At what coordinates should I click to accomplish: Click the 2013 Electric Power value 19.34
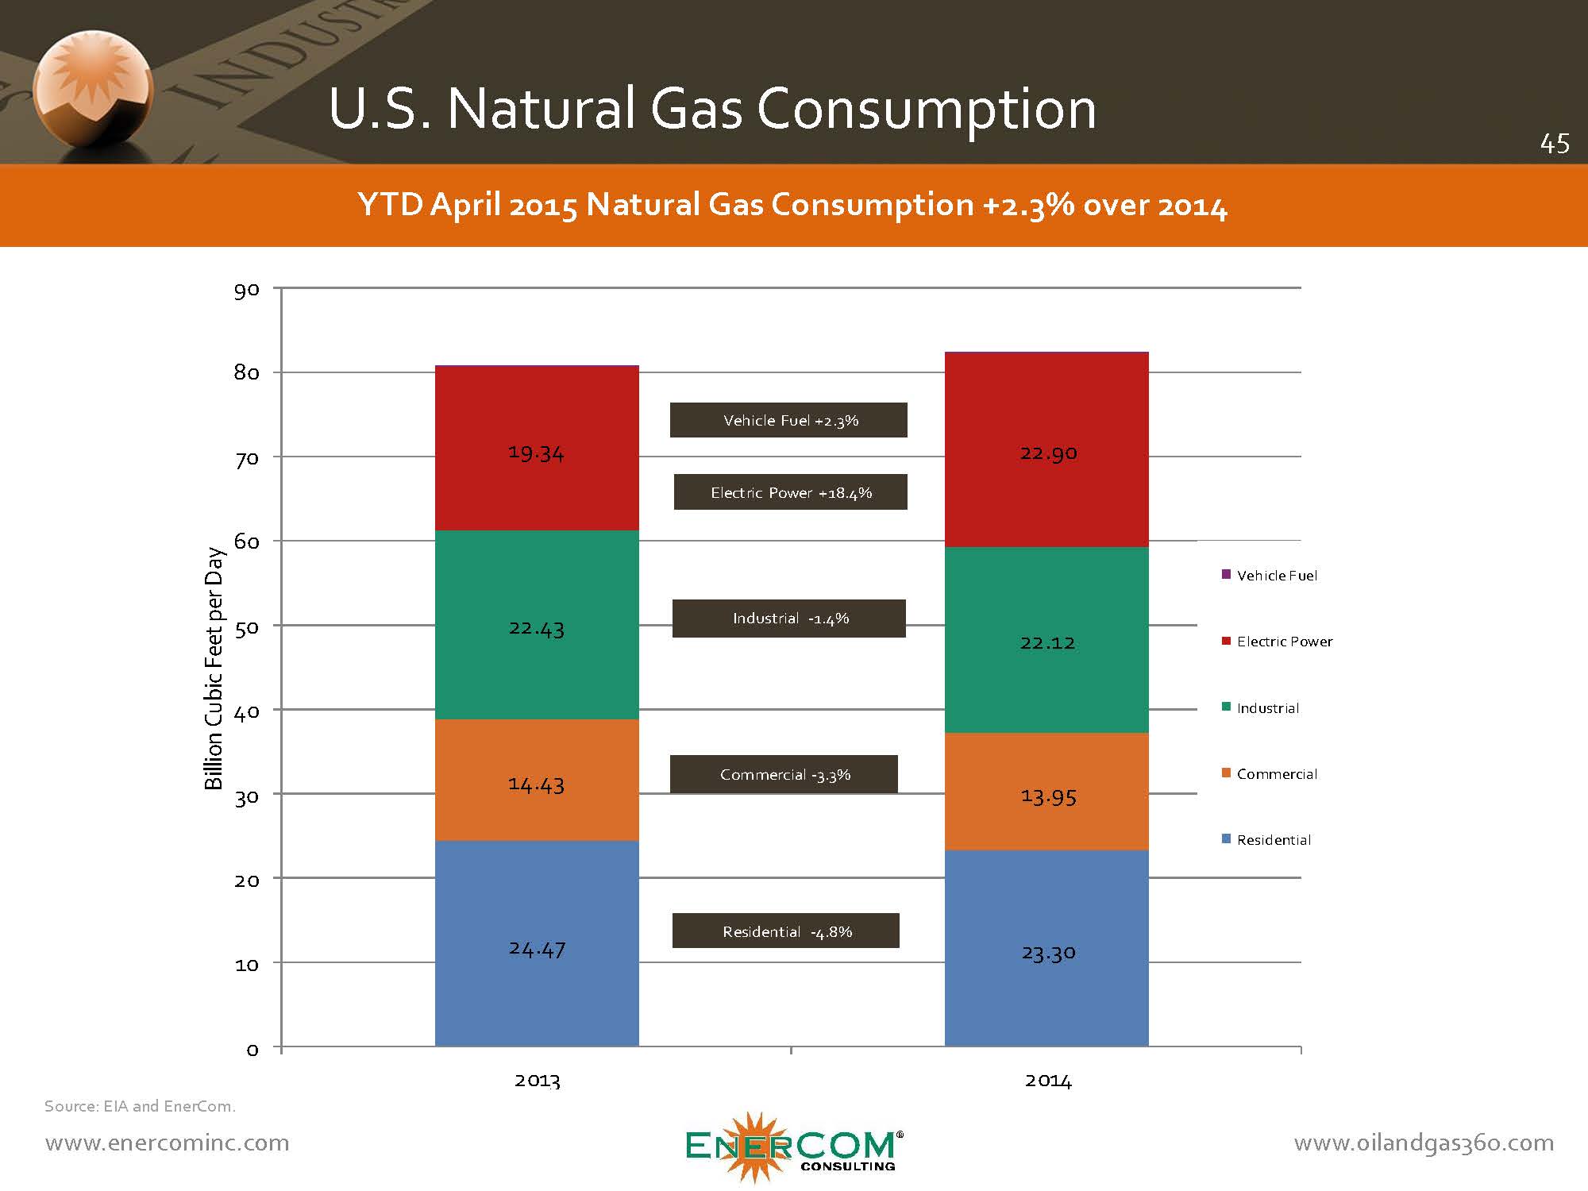pyautogui.click(x=536, y=453)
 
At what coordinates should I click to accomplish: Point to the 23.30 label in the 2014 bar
pyautogui.click(x=1048, y=953)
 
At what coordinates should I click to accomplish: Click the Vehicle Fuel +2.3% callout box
pyautogui.click(x=788, y=420)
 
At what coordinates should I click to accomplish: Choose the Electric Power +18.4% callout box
pyautogui.click(x=790, y=492)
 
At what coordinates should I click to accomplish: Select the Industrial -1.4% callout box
pyautogui.click(x=788, y=619)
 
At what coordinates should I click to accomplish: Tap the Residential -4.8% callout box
pyautogui.click(x=786, y=931)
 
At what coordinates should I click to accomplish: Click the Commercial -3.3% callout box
pyautogui.click(x=784, y=774)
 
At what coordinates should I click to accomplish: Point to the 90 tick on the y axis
pyautogui.click(x=247, y=290)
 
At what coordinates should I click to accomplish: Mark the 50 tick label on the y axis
pyautogui.click(x=247, y=627)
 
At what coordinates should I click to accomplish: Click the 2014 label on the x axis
pyautogui.click(x=1047, y=1081)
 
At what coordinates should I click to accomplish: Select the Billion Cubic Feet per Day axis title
pyautogui.click(x=214, y=669)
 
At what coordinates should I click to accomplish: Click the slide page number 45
pyautogui.click(x=1554, y=144)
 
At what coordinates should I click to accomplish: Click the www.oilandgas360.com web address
pyautogui.click(x=1424, y=1143)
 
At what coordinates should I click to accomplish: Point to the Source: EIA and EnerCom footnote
pyautogui.click(x=140, y=1106)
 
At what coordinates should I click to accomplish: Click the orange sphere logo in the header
pyautogui.click(x=92, y=89)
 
